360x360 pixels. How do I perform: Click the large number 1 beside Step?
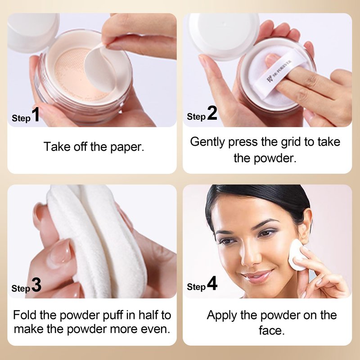point(36,114)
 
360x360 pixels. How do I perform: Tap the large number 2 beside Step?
point(212,113)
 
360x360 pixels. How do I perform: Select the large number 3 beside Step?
point(36,285)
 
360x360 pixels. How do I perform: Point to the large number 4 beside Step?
point(212,283)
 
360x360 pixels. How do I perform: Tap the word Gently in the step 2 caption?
point(207,142)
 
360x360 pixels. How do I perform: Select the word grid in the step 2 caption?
point(291,142)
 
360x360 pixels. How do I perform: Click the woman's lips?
point(256,275)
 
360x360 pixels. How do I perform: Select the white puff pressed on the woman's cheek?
point(296,255)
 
